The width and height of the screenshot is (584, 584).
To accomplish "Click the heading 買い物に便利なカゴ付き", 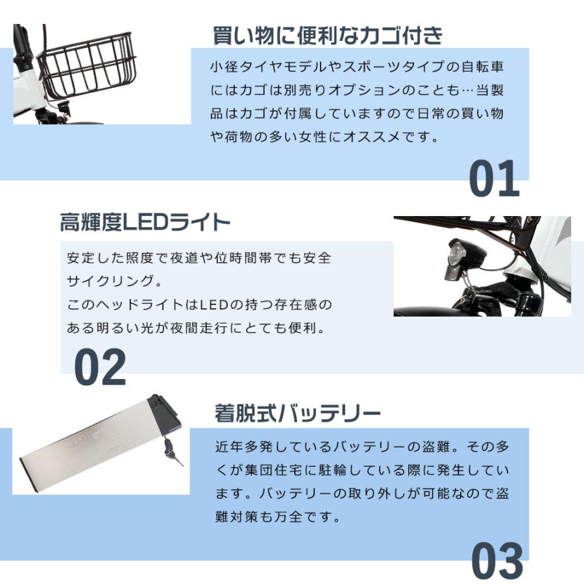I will point(328,35).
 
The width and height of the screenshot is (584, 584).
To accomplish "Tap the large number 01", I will point(494,178).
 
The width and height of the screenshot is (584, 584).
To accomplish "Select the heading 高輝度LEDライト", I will point(145,223).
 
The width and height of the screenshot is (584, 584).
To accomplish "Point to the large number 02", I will point(100,367).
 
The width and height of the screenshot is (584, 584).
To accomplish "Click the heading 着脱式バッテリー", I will point(297,413).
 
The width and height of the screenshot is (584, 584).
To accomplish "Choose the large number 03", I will point(496,561).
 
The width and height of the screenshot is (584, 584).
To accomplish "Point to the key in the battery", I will point(173,451).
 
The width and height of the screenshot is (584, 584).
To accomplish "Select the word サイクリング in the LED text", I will point(109,281).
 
